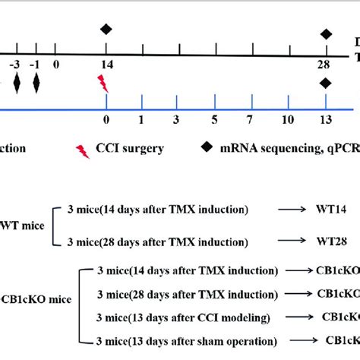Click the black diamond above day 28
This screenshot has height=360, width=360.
[x=327, y=33]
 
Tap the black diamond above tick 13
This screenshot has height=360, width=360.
[x=327, y=84]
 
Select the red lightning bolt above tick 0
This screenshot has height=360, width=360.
[x=103, y=83]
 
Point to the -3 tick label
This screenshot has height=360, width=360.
[x=17, y=66]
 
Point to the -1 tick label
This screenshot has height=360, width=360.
[x=35, y=66]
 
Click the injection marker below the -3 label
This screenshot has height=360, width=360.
[x=17, y=84]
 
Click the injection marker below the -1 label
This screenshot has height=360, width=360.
[x=35, y=84]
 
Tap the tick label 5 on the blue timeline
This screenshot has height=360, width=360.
[x=214, y=121]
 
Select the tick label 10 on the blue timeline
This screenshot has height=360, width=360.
[x=287, y=121]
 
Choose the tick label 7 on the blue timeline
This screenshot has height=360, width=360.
[x=250, y=121]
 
